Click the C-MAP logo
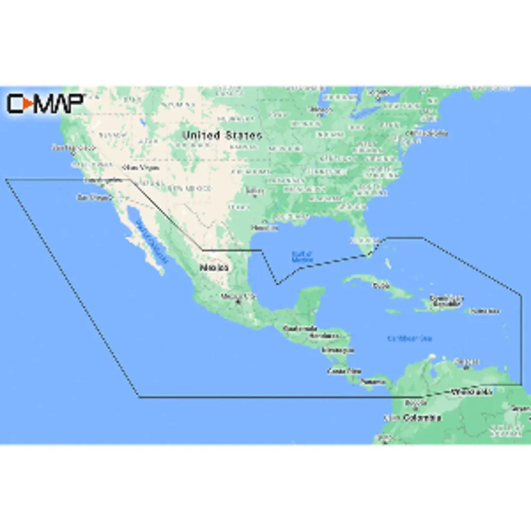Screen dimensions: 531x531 (45, 103)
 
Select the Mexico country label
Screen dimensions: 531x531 (214, 268)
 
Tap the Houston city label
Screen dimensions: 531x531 (264, 228)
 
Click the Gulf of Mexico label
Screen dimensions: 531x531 (302, 257)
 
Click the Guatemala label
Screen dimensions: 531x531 (300, 329)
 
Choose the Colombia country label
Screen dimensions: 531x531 (422, 418)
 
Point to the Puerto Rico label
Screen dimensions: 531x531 (484, 311)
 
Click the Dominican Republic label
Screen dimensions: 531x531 (447, 301)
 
